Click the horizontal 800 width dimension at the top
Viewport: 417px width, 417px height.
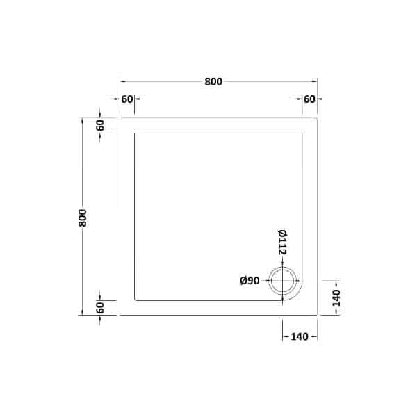213,82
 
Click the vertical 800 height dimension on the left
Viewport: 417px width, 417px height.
83,216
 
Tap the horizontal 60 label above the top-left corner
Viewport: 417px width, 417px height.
126,99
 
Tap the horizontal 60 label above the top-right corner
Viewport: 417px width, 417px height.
309,99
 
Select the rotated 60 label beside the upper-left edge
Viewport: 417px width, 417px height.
100,126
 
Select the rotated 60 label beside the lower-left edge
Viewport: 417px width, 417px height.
100,307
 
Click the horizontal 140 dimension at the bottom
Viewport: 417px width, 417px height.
300,337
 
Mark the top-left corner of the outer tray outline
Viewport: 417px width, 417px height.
120,118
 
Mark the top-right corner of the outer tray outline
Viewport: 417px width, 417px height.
317,118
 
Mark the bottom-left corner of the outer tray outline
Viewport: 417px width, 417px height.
120,315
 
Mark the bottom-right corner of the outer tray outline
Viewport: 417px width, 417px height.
317,315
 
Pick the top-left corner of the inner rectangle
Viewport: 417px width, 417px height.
135,133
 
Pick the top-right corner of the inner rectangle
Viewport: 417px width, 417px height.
302,133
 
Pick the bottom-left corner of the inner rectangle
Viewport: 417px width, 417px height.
135,300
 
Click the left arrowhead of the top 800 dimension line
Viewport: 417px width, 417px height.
122,82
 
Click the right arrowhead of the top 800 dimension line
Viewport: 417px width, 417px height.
315,82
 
